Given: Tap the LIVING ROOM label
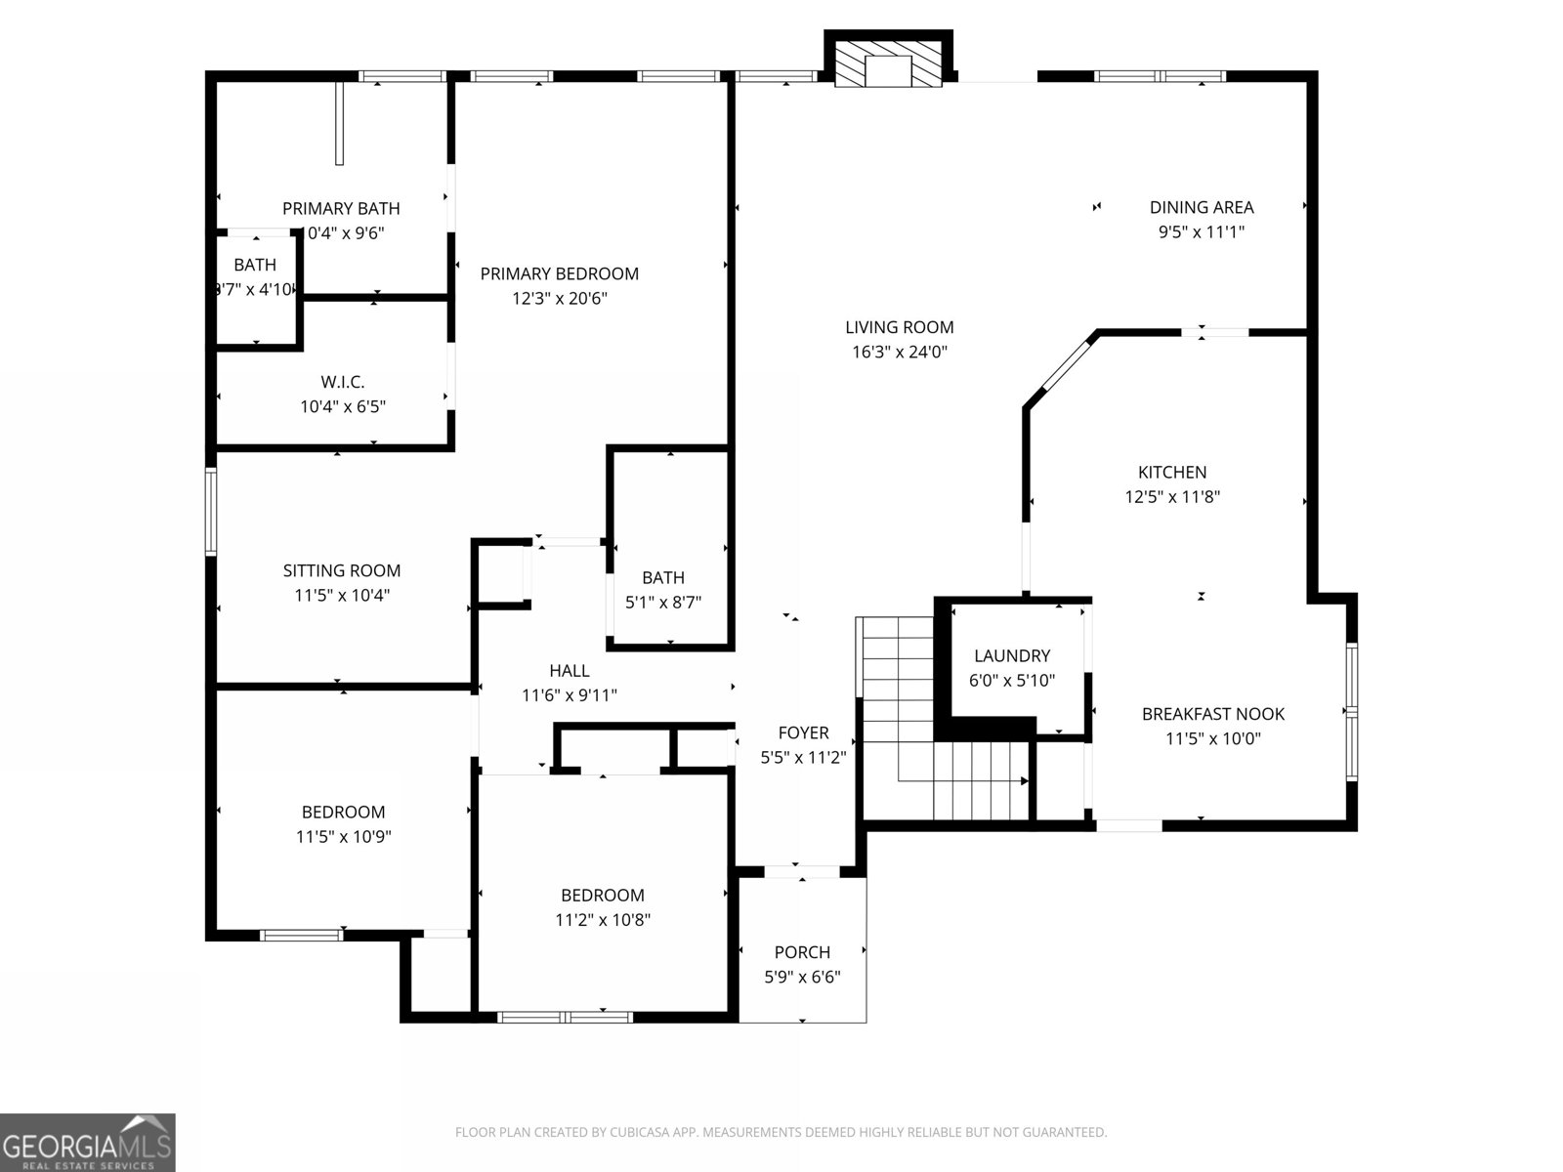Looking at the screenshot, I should click(899, 328).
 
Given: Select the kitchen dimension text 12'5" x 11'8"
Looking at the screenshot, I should click(1172, 497).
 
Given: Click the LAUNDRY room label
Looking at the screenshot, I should click(1012, 656).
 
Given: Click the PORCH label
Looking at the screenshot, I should click(802, 952).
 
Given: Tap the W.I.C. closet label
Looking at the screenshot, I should click(343, 382).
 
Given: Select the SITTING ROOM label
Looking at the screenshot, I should click(342, 570).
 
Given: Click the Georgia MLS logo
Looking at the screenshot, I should click(87, 1142).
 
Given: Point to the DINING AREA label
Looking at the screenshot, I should click(1201, 207).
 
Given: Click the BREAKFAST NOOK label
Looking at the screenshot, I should click(1212, 714).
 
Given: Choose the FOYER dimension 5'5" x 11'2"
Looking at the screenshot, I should click(803, 757).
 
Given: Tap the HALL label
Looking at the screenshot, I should click(569, 671).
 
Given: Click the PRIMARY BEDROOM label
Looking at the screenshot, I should click(559, 274).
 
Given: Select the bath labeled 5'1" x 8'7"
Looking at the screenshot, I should click(663, 590).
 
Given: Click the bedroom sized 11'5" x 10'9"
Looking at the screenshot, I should click(343, 823).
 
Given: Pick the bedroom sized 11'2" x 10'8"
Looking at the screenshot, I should click(602, 906).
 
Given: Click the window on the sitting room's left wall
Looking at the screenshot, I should click(211, 513).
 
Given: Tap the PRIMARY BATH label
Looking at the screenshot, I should click(341, 208).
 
